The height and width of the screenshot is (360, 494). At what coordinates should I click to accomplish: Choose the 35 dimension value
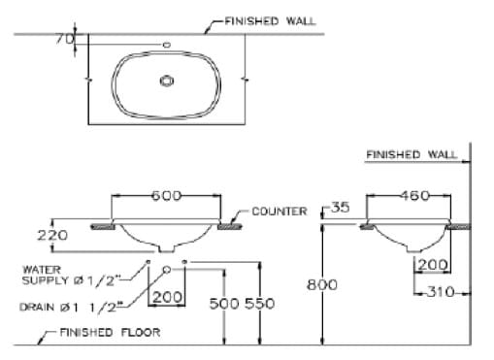click(339, 208)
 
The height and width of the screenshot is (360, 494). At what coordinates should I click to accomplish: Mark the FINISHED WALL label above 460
click(412, 154)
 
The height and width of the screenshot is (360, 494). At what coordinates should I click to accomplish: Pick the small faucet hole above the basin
click(167, 45)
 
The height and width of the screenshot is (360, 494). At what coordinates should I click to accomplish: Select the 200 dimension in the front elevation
click(167, 297)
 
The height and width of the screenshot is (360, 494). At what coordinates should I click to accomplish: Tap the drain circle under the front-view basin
click(167, 269)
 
